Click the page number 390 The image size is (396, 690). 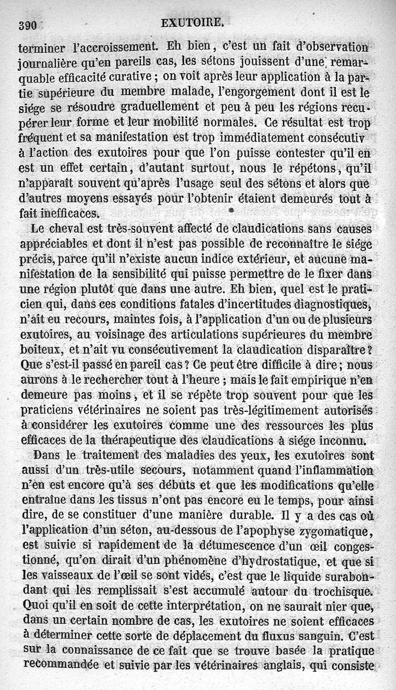pyautogui.click(x=27, y=26)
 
